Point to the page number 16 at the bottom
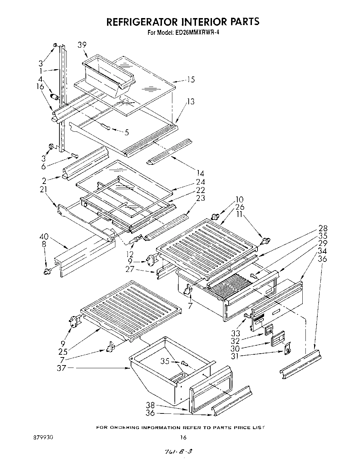[x=183, y=437]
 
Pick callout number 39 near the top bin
[x=82, y=45]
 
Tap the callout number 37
[x=61, y=368]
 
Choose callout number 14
[x=200, y=173]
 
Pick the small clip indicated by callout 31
[x=287, y=349]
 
